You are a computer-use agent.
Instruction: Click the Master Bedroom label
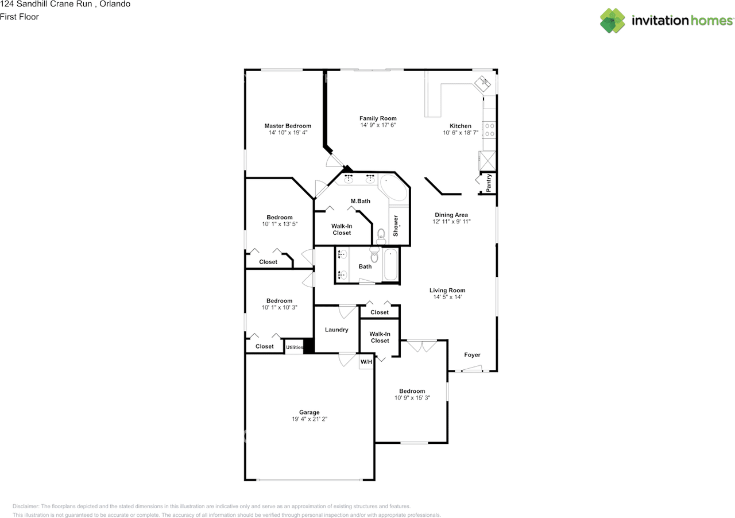288,126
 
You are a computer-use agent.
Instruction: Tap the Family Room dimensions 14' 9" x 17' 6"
378,125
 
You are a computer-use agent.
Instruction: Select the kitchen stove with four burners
489,130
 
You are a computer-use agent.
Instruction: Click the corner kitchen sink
482,83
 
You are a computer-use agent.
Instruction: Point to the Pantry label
489,183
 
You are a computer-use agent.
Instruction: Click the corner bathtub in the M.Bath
394,188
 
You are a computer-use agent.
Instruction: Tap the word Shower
396,226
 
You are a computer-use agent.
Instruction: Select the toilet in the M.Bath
381,237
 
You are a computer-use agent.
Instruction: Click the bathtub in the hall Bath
390,265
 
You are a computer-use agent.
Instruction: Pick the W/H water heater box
366,362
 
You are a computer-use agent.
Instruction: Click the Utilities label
295,347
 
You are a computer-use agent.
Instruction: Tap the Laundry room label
336,330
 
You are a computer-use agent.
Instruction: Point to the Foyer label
472,355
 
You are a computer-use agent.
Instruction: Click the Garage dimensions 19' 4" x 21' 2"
310,419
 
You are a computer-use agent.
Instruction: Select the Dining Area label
451,215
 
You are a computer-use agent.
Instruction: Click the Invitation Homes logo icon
612,21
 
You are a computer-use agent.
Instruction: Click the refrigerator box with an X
488,161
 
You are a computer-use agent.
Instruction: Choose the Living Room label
447,291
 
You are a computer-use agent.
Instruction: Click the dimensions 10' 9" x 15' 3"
412,398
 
